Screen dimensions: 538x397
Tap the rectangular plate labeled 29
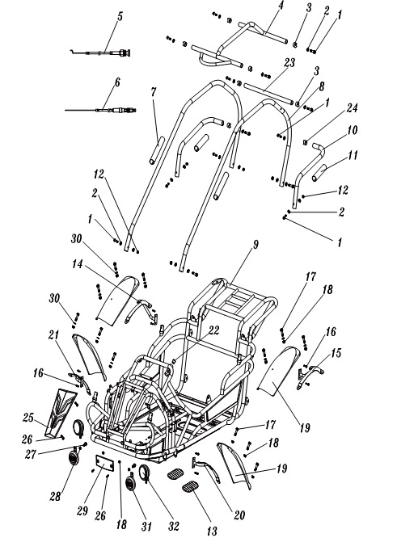[103, 465]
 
